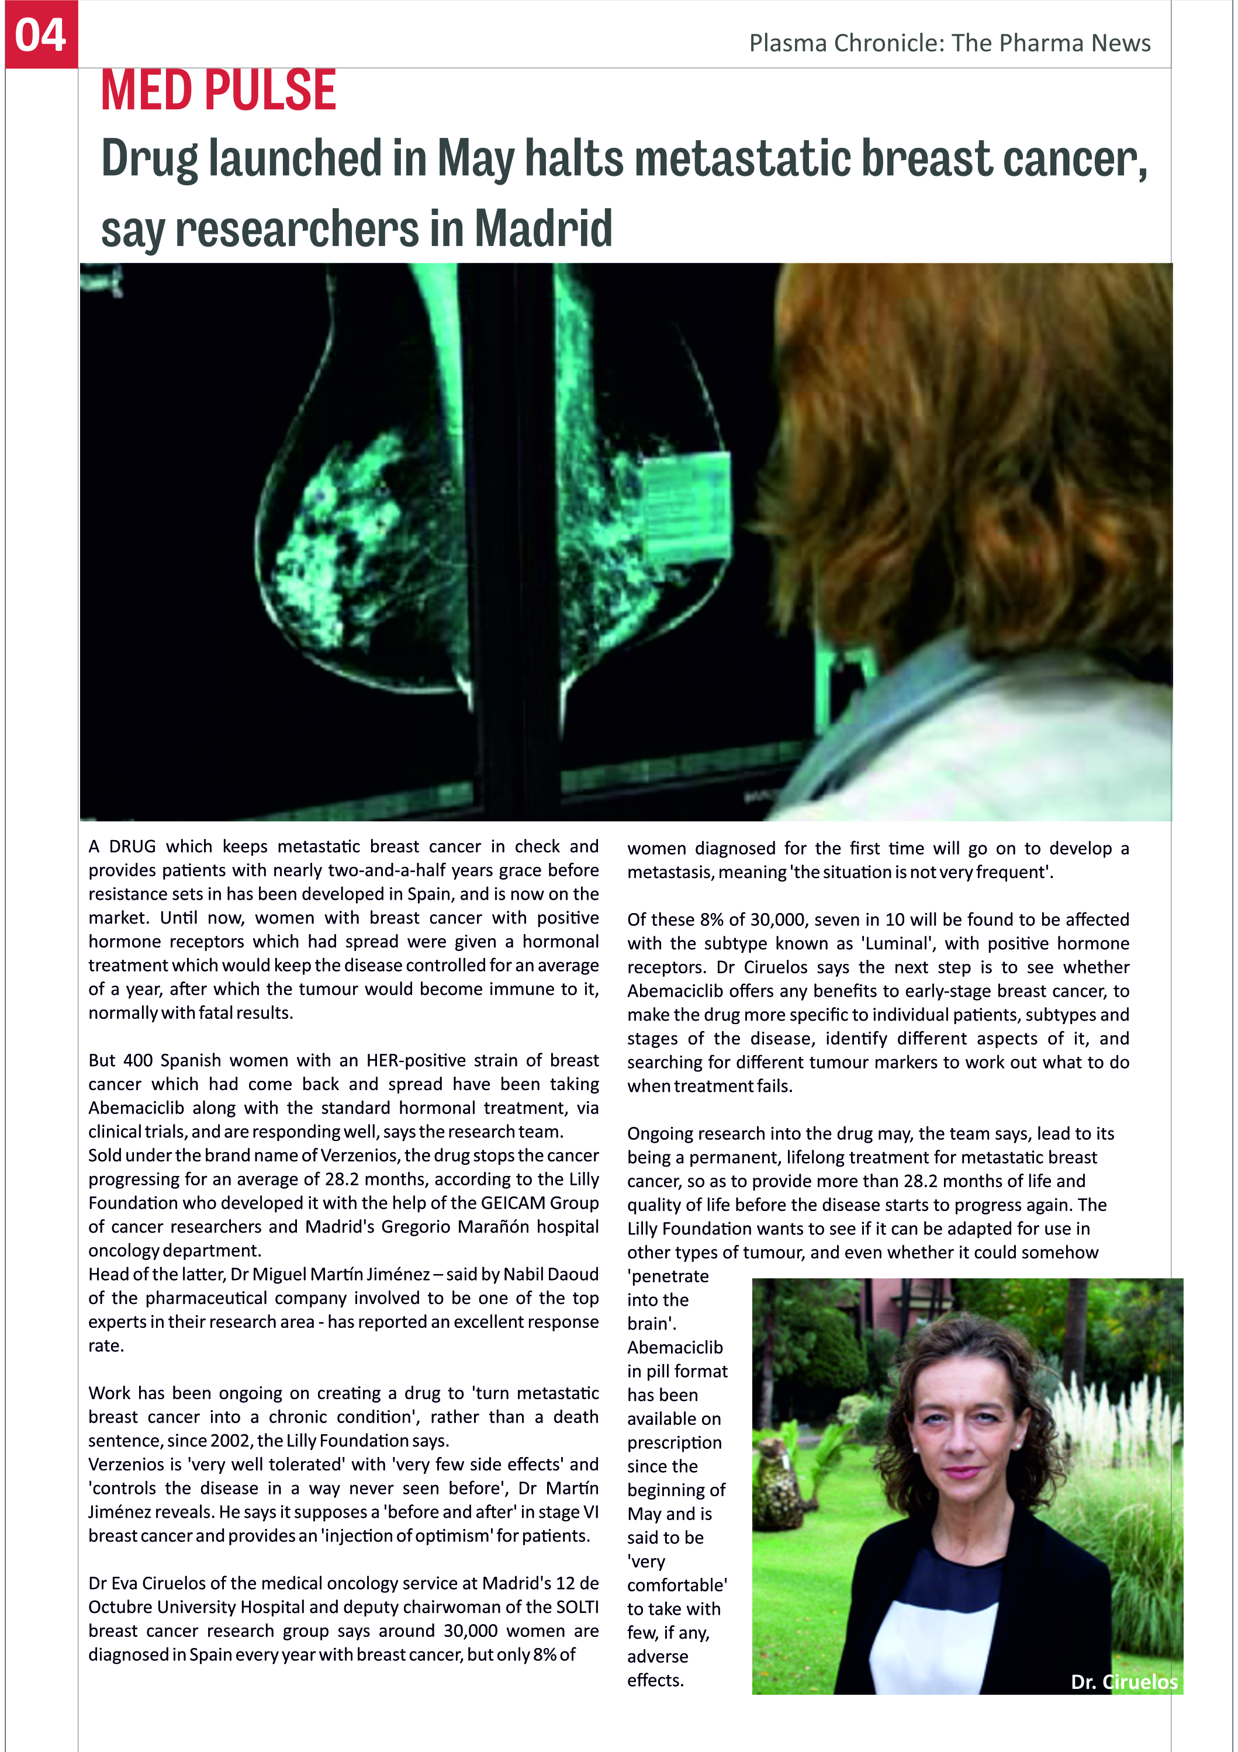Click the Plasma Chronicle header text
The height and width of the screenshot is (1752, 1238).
click(949, 43)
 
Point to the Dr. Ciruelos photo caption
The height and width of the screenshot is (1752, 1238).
click(1123, 1682)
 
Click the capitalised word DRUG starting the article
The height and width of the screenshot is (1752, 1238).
click(132, 846)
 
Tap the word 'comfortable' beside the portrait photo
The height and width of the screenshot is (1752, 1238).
click(676, 1585)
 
